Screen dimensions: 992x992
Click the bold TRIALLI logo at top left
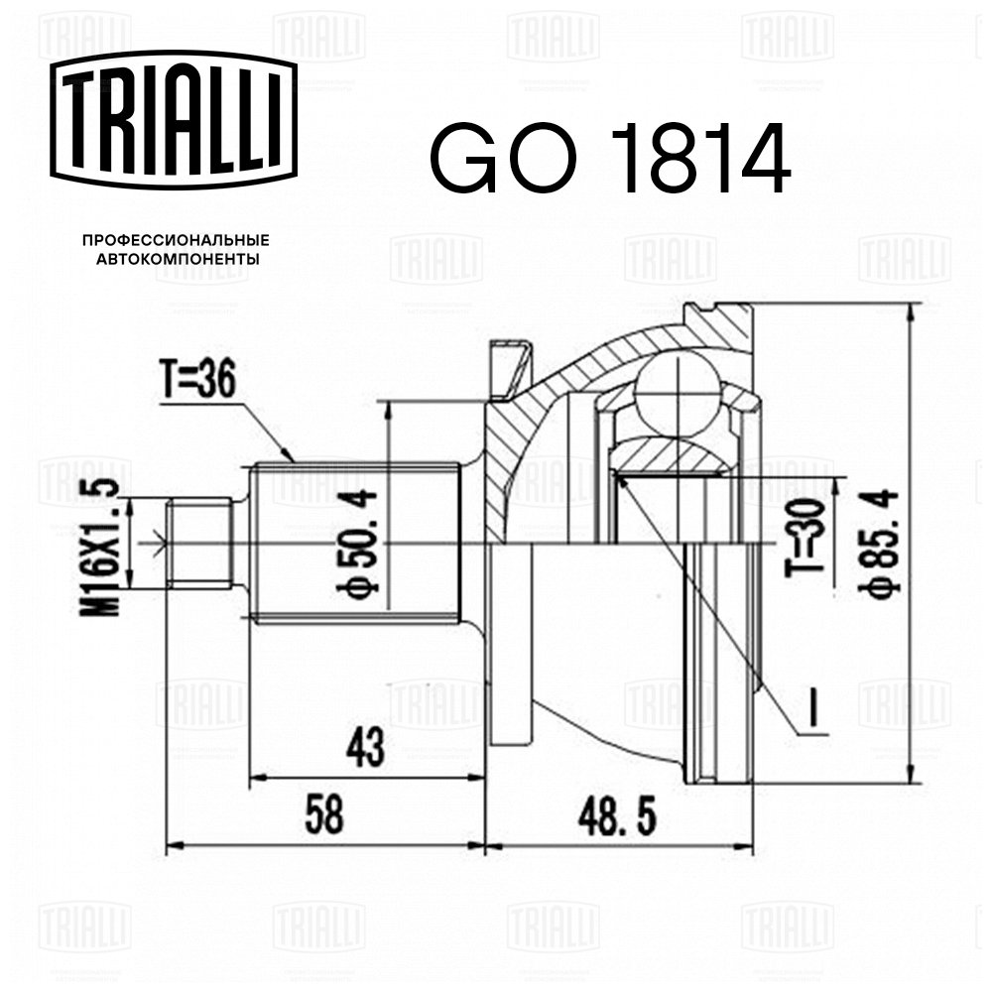tap(174, 120)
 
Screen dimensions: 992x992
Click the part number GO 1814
tap(610, 158)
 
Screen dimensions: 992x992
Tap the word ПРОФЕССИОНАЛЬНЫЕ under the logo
tap(176, 240)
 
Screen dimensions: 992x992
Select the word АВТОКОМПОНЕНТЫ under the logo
tap(177, 259)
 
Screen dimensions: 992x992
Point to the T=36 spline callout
tap(196, 380)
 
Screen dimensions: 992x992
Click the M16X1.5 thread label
tap(100, 548)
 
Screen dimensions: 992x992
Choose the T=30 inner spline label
tap(806, 538)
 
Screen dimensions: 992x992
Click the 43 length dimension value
tap(365, 747)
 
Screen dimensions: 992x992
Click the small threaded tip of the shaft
tap(200, 545)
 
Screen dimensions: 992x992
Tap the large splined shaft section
tap(355, 544)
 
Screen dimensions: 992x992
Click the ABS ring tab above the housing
tap(509, 369)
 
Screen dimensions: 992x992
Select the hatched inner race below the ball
tap(674, 454)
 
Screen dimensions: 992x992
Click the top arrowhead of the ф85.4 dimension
tap(911, 314)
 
